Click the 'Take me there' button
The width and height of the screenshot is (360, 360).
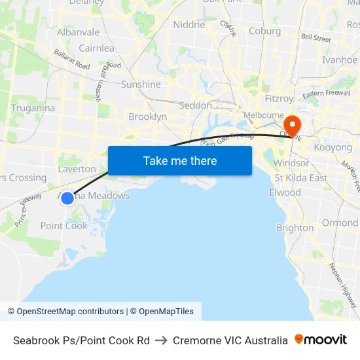(x=180, y=160)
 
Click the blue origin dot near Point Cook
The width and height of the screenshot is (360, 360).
(x=67, y=198)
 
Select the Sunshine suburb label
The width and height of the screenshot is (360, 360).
(x=141, y=84)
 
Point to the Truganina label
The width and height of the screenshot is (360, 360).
(x=33, y=108)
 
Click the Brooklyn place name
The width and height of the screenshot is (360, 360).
(x=147, y=117)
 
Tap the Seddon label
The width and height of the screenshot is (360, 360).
(x=195, y=105)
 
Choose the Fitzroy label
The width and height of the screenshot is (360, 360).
(x=279, y=99)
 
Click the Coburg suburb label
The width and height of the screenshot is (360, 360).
(x=264, y=31)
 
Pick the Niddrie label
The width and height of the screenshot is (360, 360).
(x=189, y=25)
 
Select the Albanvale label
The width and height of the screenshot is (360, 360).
(x=78, y=32)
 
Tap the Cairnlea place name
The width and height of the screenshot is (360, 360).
(x=96, y=48)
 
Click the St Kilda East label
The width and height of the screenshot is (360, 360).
(x=301, y=178)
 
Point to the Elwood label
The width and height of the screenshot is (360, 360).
(x=285, y=192)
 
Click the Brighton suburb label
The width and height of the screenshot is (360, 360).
(x=295, y=228)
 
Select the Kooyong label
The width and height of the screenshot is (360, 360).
(x=333, y=147)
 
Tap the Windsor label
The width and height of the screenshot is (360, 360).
(x=291, y=163)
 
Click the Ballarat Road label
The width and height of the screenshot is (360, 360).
(x=72, y=60)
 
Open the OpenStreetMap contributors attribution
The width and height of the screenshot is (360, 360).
(x=65, y=312)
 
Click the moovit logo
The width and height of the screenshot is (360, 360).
(x=321, y=340)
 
